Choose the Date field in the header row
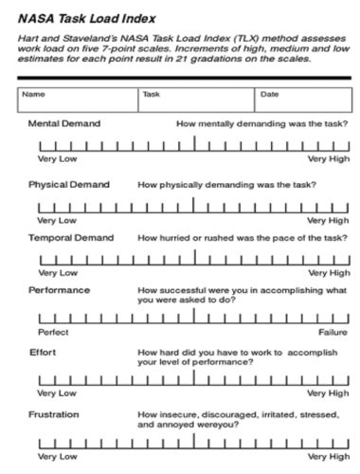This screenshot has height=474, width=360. point(302,100)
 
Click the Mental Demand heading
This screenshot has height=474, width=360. point(64,123)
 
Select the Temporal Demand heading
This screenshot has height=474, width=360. point(71,238)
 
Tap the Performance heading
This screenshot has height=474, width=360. point(59,290)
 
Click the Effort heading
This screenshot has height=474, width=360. point(44,352)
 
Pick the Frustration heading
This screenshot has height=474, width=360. point(53,414)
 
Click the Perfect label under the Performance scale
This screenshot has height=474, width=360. point(53,332)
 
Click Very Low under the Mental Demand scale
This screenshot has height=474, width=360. point(57,158)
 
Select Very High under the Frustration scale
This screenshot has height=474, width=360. point(328,456)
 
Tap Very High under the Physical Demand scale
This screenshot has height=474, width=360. point(328,220)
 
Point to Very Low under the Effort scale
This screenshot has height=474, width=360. point(57,392)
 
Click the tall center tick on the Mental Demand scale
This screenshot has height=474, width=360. point(194,143)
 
